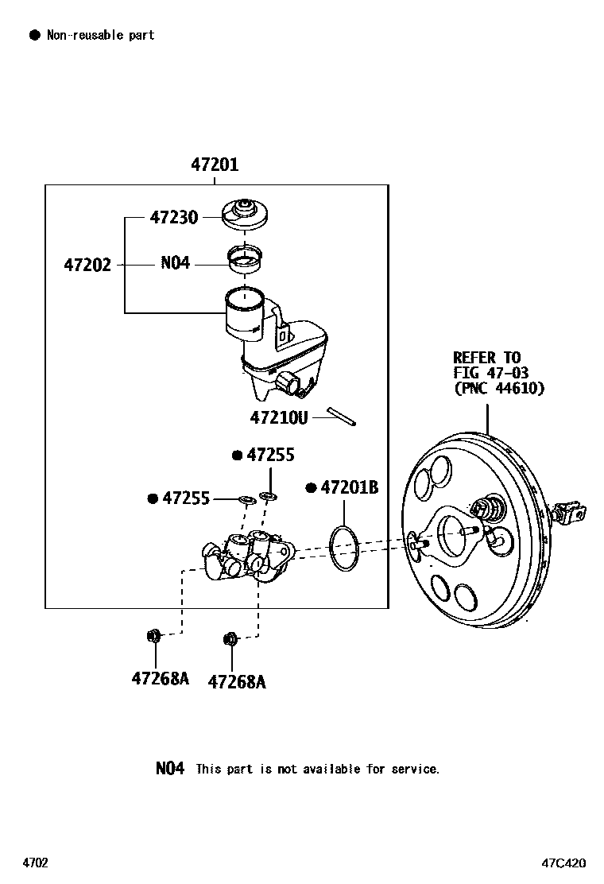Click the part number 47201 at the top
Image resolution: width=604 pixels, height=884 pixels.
(x=215, y=165)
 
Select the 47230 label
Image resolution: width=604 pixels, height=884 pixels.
(x=174, y=217)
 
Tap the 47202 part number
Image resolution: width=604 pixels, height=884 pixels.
(x=87, y=264)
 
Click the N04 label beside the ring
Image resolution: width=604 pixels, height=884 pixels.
(x=175, y=262)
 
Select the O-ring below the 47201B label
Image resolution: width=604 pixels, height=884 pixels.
(x=345, y=547)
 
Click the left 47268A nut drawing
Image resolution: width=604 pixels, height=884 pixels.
(x=154, y=635)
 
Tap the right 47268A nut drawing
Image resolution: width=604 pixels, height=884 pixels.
(x=230, y=638)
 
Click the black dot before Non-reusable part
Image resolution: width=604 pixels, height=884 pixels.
(x=34, y=35)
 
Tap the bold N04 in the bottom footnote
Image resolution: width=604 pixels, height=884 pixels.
(x=169, y=769)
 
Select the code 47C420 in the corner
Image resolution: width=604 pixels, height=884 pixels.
(x=564, y=863)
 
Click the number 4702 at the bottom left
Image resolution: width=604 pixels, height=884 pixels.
(x=35, y=863)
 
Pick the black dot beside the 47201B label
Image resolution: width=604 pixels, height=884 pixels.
(x=312, y=487)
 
